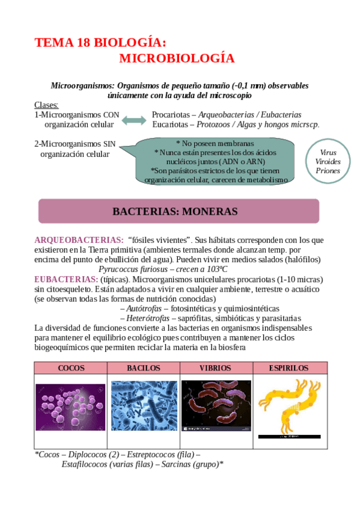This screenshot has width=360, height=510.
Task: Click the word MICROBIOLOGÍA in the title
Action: click(177, 58)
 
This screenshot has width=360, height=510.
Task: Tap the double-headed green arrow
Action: click(133, 121)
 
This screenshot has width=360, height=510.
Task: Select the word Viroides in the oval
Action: click(328, 162)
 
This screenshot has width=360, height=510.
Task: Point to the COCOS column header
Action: click(71, 368)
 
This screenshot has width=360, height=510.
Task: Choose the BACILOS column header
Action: click(144, 368)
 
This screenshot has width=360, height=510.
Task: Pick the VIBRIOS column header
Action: click(216, 368)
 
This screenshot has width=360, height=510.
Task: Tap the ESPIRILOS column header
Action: click(289, 368)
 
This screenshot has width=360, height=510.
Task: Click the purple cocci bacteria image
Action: click(70, 407)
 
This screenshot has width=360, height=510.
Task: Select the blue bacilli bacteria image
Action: click(144, 406)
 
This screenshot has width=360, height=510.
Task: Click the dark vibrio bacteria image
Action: click(216, 406)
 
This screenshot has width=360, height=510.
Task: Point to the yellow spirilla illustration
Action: click(289, 406)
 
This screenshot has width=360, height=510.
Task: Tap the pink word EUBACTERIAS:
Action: click(66, 280)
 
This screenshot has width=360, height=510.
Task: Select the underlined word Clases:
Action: click(46, 105)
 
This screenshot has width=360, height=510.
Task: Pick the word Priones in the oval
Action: click(328, 171)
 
